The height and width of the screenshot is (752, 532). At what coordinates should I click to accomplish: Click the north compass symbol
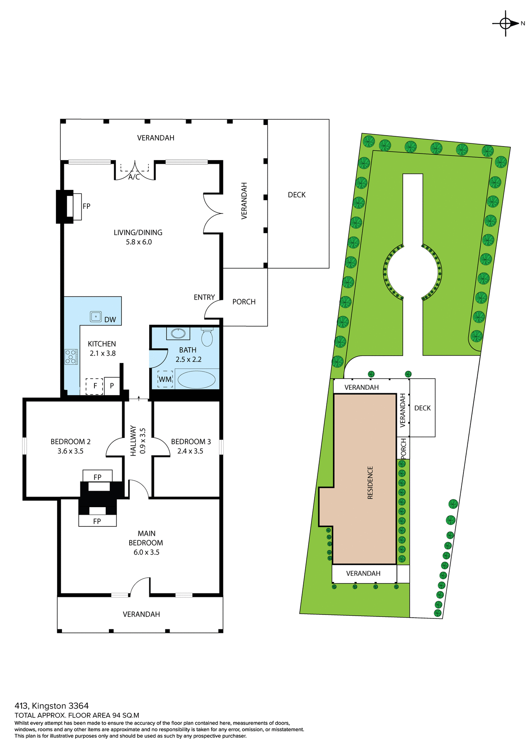pyautogui.click(x=506, y=23)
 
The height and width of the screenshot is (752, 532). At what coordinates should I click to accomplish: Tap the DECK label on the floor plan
pyautogui.click(x=297, y=195)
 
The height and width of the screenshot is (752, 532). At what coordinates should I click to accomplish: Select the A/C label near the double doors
pyautogui.click(x=134, y=177)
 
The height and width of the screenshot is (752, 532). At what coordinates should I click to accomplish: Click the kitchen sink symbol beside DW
pyautogui.click(x=96, y=316)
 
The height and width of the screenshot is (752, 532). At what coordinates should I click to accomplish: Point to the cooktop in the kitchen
pyautogui.click(x=71, y=357)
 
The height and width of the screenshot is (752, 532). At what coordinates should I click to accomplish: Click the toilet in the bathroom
pyautogui.click(x=207, y=336)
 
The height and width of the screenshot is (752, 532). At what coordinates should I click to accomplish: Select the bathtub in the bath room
pyautogui.click(x=196, y=380)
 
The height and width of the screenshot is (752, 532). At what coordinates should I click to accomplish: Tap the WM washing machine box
pyautogui.click(x=165, y=379)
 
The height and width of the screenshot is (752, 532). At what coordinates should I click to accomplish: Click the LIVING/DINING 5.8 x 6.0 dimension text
pyautogui.click(x=138, y=242)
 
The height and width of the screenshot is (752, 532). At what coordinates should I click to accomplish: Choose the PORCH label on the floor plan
pyautogui.click(x=244, y=302)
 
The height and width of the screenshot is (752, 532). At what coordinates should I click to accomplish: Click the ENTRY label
pyautogui.click(x=204, y=297)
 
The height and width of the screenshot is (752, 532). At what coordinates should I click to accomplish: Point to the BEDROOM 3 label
pyautogui.click(x=191, y=441)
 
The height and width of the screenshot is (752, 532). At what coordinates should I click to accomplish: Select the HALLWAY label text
pyautogui.click(x=133, y=441)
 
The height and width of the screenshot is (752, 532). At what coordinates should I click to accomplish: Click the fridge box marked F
pyautogui.click(x=95, y=386)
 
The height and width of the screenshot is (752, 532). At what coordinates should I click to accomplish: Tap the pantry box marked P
pyautogui.click(x=112, y=386)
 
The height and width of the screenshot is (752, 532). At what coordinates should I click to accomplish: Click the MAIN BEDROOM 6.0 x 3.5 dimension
pyautogui.click(x=146, y=552)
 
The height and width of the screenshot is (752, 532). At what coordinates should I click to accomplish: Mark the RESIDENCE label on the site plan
pyautogui.click(x=370, y=482)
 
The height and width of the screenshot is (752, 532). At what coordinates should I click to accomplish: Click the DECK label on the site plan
pyautogui.click(x=422, y=408)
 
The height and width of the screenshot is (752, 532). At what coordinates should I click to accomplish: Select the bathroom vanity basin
pyautogui.click(x=179, y=333)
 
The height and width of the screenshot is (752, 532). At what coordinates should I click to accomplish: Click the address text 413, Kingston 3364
pyautogui.click(x=52, y=706)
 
